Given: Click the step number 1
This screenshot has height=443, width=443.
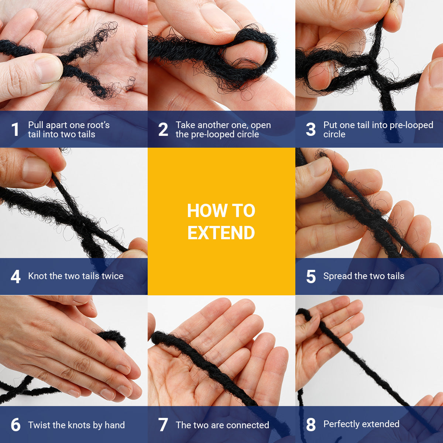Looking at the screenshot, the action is pos(15,129).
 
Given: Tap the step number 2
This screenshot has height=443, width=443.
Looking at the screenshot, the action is pos(163,129).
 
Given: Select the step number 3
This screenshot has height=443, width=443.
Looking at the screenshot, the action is pos(310,129).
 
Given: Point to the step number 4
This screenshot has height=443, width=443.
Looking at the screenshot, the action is pos(16,277).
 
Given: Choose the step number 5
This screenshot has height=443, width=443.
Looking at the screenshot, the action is pos(311,277).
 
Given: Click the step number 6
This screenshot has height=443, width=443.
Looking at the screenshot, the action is pos(16,425).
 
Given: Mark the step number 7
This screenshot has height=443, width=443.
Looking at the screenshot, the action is pos(163,425).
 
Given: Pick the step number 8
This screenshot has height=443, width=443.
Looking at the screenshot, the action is pos(311,425).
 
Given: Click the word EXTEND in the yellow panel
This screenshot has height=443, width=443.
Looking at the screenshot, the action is pos(221,233).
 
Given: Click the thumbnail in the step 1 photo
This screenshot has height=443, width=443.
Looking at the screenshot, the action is pos(48,70).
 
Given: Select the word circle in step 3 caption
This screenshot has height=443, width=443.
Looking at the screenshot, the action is pos(334,134).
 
